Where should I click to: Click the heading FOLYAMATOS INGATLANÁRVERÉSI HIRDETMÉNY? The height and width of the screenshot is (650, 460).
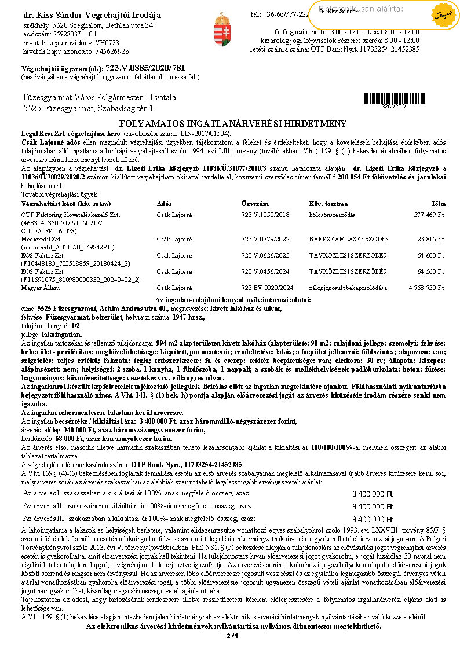(x=232, y=124)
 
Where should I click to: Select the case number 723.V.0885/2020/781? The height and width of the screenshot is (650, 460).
(x=145, y=68)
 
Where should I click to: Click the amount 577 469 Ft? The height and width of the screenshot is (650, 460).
(x=429, y=215)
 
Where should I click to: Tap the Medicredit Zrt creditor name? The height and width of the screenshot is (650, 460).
(x=40, y=238)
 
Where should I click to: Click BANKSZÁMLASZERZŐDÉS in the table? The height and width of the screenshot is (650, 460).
(x=348, y=238)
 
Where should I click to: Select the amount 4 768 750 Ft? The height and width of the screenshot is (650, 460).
(x=426, y=287)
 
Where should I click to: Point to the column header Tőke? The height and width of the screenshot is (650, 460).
(x=439, y=204)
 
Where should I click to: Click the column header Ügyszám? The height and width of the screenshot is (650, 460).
(x=255, y=204)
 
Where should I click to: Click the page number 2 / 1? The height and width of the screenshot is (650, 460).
(x=232, y=636)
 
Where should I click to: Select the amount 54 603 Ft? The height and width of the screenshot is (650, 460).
(x=431, y=255)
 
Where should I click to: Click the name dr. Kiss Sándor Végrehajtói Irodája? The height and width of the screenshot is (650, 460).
(x=92, y=15)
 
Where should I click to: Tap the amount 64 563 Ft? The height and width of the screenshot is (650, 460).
(x=431, y=271)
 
